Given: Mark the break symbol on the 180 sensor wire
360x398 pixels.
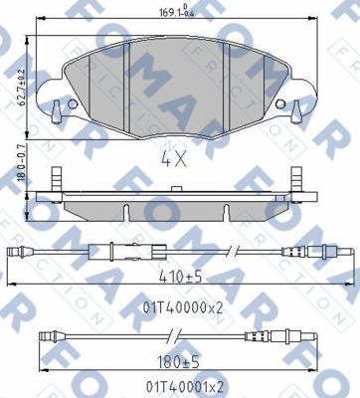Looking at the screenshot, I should point(230,335).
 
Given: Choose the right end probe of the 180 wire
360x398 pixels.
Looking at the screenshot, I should point(298,335).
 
